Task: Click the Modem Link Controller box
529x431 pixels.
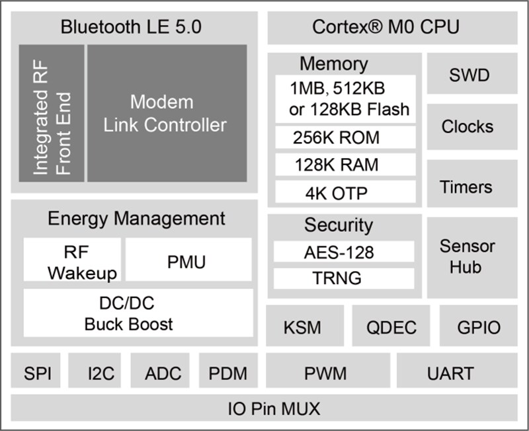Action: [x=167, y=113]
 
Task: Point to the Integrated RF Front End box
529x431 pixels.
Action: [x=52, y=113]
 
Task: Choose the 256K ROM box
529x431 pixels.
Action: [x=345, y=137]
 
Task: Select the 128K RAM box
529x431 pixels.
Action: [x=345, y=165]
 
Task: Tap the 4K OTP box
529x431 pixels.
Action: [x=345, y=192]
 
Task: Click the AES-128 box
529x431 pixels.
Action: [x=344, y=252]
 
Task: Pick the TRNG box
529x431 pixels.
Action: [x=344, y=278]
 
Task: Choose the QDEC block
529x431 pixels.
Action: [x=390, y=327]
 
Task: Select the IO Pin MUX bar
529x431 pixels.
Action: [x=264, y=408]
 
